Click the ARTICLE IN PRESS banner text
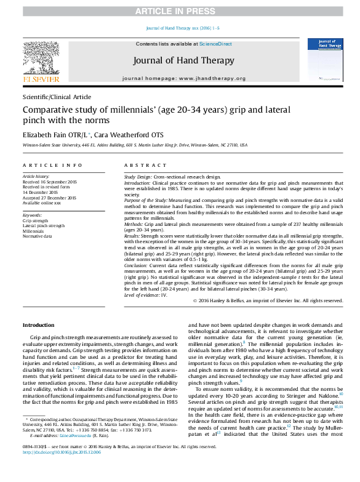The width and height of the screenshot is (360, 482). [180, 12]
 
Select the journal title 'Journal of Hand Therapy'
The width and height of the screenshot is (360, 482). [179, 60]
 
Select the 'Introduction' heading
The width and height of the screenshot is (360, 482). [38, 324]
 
